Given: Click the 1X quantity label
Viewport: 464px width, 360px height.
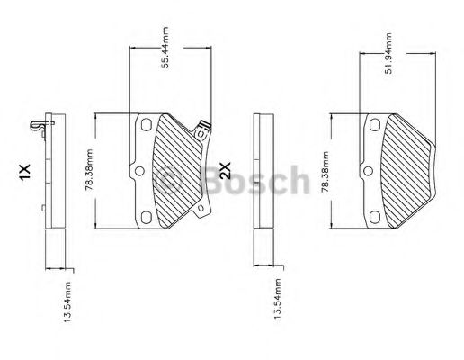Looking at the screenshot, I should pos(24,170).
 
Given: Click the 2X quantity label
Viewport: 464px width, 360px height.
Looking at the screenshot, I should pos(226,170).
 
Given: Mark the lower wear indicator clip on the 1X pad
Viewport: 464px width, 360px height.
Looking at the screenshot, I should pos(201,211).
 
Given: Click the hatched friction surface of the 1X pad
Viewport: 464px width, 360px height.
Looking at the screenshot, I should pos(175,171).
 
